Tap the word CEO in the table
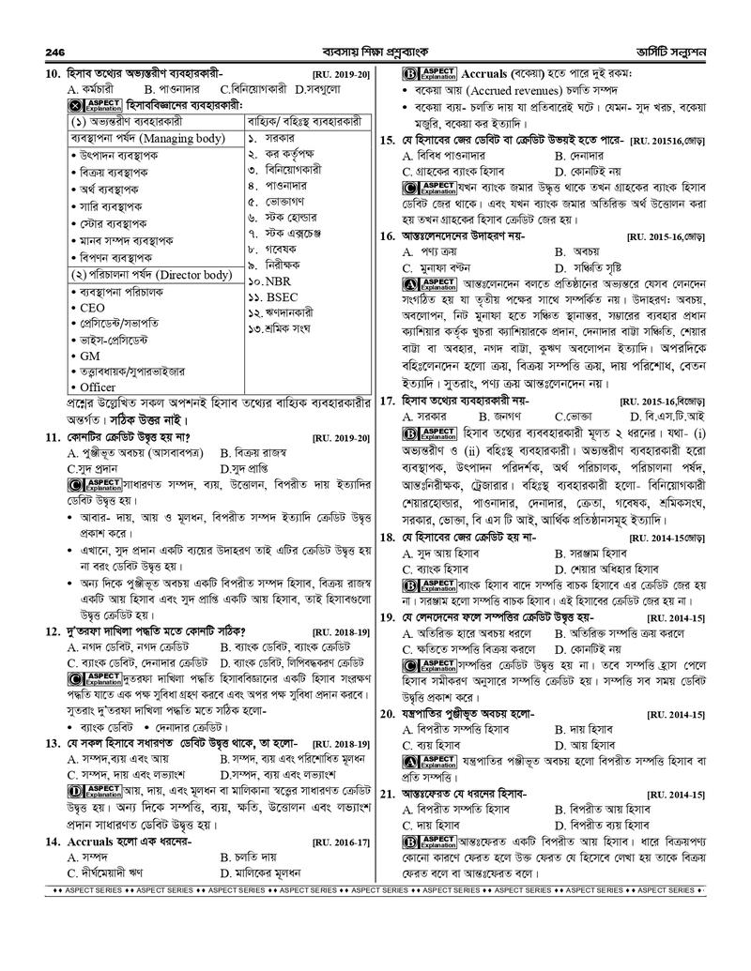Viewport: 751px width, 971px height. (x=93, y=307)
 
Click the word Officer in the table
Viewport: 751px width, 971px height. (x=99, y=387)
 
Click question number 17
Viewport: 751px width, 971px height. (x=386, y=400)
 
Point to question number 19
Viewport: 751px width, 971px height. (x=386, y=617)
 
